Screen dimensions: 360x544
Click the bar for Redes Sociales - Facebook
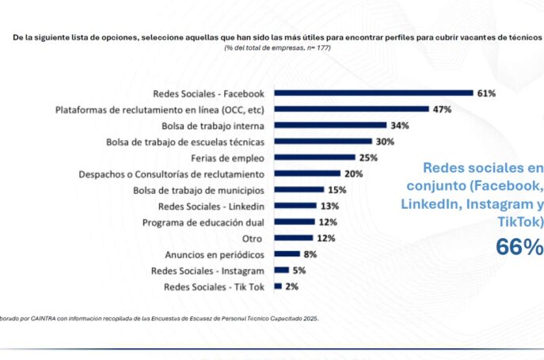373,93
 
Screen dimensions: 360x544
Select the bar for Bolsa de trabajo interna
330,125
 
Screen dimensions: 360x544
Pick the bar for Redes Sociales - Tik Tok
278,286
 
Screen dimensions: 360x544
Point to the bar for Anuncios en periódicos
287,254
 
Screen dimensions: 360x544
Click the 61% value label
485,93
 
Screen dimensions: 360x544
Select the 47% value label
441,109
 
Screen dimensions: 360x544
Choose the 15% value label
337,190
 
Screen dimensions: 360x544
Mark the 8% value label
310,254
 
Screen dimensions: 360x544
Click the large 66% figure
519,247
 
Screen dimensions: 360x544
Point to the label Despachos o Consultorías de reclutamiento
171,174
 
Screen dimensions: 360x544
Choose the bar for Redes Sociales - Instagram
281,271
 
